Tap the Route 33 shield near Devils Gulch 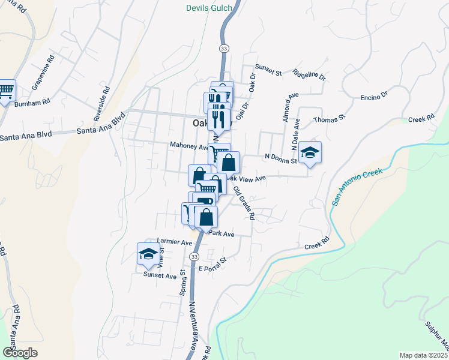[x=223, y=48]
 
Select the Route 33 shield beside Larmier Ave [x=193, y=257]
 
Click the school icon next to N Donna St [x=310, y=152]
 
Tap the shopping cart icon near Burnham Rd [x=5, y=90]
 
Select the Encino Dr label [x=374, y=95]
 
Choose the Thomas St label [x=330, y=120]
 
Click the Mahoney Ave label [x=188, y=146]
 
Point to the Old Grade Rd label [x=244, y=203]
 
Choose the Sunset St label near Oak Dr [x=268, y=72]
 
